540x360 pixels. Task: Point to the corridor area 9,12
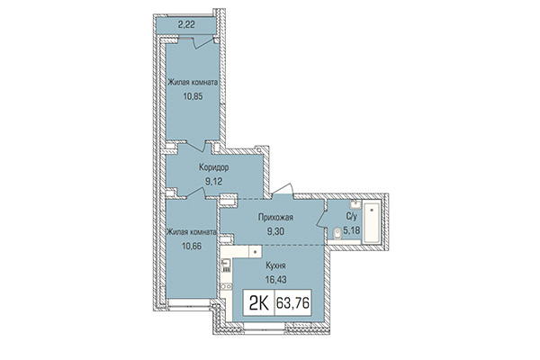click(x=212, y=179)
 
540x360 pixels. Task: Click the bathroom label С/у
click(x=353, y=218)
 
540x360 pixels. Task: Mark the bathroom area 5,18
click(x=354, y=230)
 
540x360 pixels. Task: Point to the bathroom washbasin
click(x=356, y=204)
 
